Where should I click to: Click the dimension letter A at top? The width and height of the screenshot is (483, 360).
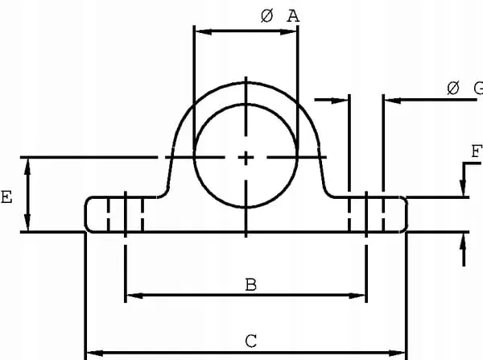click(x=293, y=16)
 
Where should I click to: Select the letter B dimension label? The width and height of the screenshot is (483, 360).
click(x=251, y=285)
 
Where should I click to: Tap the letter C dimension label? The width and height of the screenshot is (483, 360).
click(x=251, y=341)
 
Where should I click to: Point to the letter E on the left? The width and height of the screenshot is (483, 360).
click(x=6, y=197)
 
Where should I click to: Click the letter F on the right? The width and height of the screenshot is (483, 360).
click(x=477, y=151)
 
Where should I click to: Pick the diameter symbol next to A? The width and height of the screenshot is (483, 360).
click(x=266, y=16)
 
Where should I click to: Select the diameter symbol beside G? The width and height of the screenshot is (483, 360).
click(x=453, y=89)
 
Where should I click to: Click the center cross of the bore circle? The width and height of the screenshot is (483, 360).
click(x=246, y=158)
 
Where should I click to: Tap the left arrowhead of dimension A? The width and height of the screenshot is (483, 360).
click(x=204, y=31)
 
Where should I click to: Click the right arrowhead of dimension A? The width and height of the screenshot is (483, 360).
click(x=288, y=31)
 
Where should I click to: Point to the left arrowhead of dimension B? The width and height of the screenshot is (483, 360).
click(x=135, y=296)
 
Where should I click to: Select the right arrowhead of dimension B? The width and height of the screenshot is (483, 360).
click(x=357, y=296)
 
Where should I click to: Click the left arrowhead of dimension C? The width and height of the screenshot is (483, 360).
click(x=95, y=353)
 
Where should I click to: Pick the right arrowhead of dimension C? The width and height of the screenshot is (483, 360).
click(x=397, y=353)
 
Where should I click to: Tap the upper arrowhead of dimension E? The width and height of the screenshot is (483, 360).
click(x=27, y=167)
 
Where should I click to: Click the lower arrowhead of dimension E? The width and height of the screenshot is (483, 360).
click(x=27, y=222)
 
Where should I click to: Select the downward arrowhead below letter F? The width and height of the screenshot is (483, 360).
click(x=463, y=188)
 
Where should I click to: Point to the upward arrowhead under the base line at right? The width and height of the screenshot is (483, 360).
click(x=463, y=242)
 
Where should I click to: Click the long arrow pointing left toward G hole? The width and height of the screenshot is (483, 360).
click(x=431, y=100)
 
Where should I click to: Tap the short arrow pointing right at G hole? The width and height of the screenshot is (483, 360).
click(x=331, y=100)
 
